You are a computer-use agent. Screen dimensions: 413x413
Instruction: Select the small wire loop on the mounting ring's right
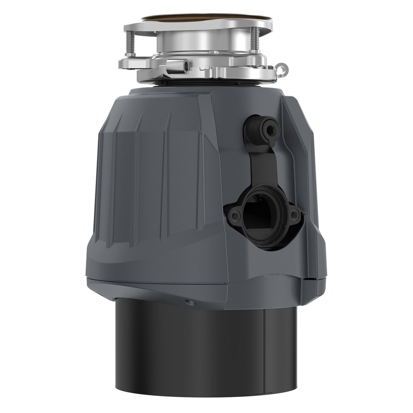tap(282, 66)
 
